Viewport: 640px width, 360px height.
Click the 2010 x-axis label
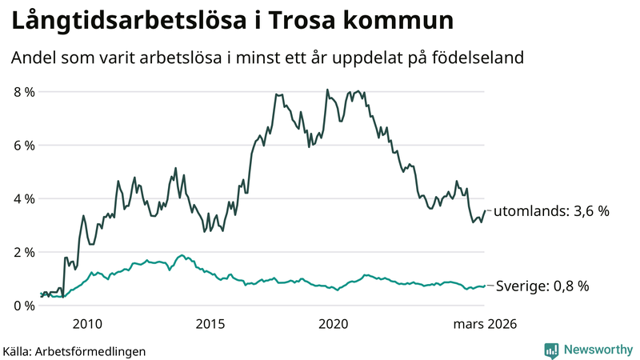click(87, 324)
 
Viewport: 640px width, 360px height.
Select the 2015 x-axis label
click(210, 324)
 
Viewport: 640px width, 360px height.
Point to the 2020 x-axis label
click(334, 324)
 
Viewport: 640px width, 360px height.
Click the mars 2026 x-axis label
click(485, 324)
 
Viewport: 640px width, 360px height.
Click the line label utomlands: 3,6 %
click(551, 211)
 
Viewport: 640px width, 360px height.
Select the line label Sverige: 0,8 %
click(543, 286)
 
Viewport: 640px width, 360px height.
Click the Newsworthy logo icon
click(551, 350)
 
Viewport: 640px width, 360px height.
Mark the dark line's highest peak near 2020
click(327, 90)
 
